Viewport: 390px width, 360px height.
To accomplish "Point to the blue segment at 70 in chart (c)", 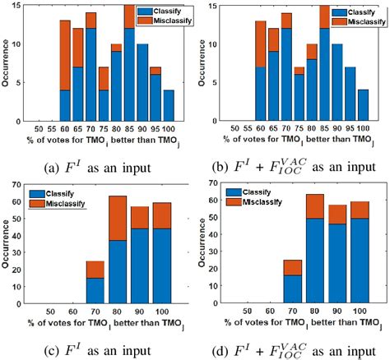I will pyautogui.click(x=96, y=299).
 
